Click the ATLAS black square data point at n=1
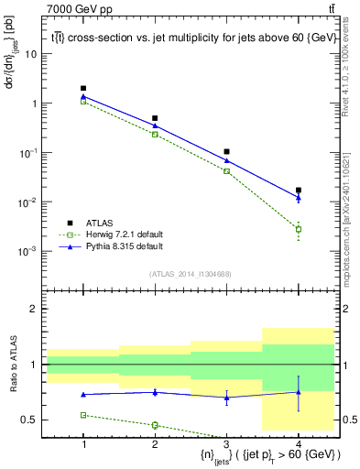[x=83, y=89]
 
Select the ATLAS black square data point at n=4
[x=298, y=191]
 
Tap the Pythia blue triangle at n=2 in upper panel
[x=155, y=125]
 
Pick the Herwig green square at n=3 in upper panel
[x=226, y=171]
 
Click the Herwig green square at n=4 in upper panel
[x=298, y=229]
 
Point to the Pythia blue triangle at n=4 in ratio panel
[x=298, y=392]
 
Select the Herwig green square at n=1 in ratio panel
[x=83, y=415]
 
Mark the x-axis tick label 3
[x=226, y=443]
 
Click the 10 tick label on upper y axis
[x=31, y=54]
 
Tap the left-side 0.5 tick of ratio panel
[x=29, y=420]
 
